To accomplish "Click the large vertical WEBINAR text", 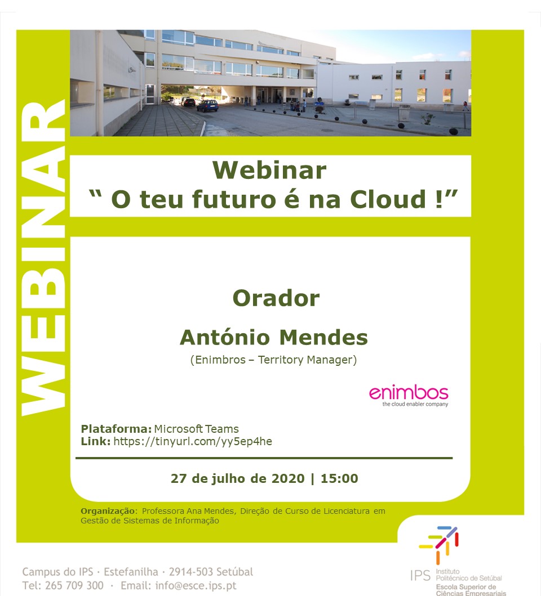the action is (43, 258).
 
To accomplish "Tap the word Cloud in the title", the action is (388, 199).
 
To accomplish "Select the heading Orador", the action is (276, 298).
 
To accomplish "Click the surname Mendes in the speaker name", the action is (323, 337).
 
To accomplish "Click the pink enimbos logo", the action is (409, 393).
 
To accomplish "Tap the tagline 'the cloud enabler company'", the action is (415, 404).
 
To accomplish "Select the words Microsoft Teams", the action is (197, 429).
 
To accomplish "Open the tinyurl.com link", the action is (193, 441).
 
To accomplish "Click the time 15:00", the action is (339, 478).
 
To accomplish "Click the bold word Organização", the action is (108, 511).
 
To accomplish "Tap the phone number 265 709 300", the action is (74, 585).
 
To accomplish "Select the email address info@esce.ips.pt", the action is (196, 586).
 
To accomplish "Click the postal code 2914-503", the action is (190, 572).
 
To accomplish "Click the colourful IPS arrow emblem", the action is (439, 545).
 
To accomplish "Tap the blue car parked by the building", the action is (207, 105).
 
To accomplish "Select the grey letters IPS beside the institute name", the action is (420, 576).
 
